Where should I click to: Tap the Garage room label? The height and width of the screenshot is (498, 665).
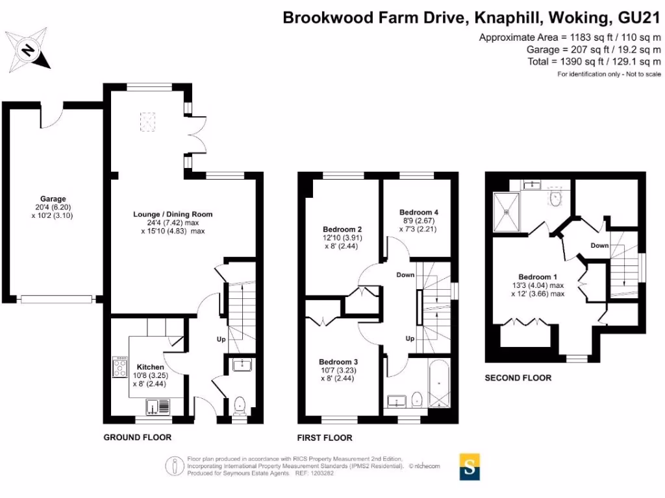click(x=53, y=199)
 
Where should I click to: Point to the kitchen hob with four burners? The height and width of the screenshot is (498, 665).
click(x=120, y=368)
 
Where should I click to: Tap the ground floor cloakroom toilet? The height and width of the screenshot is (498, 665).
click(x=240, y=406)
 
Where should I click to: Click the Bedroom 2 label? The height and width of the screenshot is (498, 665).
click(x=342, y=229)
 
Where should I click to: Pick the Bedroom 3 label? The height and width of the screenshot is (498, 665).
click(x=338, y=362)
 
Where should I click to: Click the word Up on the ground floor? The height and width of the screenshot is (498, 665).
click(x=221, y=339)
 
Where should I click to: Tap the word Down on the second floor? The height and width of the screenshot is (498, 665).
click(x=599, y=246)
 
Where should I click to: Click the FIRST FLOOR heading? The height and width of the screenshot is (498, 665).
click(x=325, y=438)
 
